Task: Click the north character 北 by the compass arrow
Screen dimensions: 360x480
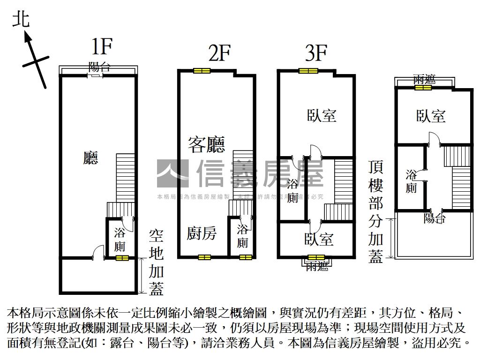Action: [x=21, y=19]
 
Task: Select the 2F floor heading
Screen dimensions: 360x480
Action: [x=219, y=54]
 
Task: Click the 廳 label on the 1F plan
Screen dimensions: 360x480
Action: [x=90, y=157]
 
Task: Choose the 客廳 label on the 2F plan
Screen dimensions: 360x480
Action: [x=206, y=144]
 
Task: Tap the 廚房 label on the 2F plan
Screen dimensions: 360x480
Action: [x=202, y=233]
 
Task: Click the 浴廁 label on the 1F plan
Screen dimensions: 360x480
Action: [x=120, y=239]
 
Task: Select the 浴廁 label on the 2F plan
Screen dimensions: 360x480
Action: [x=242, y=236]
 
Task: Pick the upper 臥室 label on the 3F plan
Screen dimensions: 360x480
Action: [x=322, y=115]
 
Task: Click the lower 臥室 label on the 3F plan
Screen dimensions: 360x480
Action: [x=319, y=239]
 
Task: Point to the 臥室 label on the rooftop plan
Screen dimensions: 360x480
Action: [x=430, y=116]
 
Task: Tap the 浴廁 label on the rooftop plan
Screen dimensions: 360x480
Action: [x=411, y=182]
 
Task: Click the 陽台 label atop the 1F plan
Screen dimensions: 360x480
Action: [x=99, y=67]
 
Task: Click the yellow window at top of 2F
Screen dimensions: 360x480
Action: [x=202, y=71]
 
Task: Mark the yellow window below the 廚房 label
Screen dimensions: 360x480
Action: [x=204, y=257]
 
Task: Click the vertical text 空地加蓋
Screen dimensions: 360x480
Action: [x=156, y=262]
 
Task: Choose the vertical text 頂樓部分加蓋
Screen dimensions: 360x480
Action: [x=375, y=211]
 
